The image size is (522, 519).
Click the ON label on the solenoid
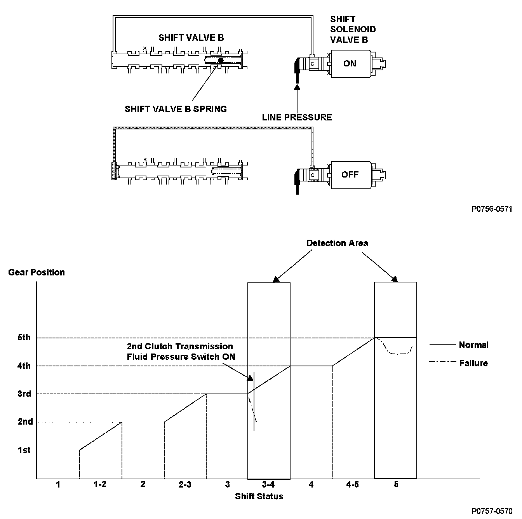tap(350, 63)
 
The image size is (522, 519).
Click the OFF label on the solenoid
tap(350, 174)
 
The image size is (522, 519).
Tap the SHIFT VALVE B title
tap(191, 38)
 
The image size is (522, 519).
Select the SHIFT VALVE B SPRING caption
tap(176, 109)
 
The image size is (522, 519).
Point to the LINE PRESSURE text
tap(297, 117)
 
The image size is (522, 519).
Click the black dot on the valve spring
tap(221, 60)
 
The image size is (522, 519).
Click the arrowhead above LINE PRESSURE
tap(298, 87)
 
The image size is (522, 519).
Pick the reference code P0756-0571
tap(492, 209)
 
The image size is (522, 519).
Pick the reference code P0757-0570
tap(492, 510)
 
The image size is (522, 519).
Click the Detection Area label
tap(337, 243)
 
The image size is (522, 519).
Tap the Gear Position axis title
tap(37, 272)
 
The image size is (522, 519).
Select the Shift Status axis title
tap(259, 496)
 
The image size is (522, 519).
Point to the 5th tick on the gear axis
tap(24, 338)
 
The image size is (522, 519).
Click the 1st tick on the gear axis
tap(24, 450)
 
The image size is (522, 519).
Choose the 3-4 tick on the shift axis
tap(268, 484)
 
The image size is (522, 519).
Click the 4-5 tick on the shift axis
tap(353, 484)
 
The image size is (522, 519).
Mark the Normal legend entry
tap(473, 345)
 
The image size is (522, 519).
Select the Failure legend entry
tap(473, 363)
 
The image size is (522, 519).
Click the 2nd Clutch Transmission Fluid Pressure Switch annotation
tap(181, 352)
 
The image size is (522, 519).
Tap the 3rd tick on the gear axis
tap(24, 394)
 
